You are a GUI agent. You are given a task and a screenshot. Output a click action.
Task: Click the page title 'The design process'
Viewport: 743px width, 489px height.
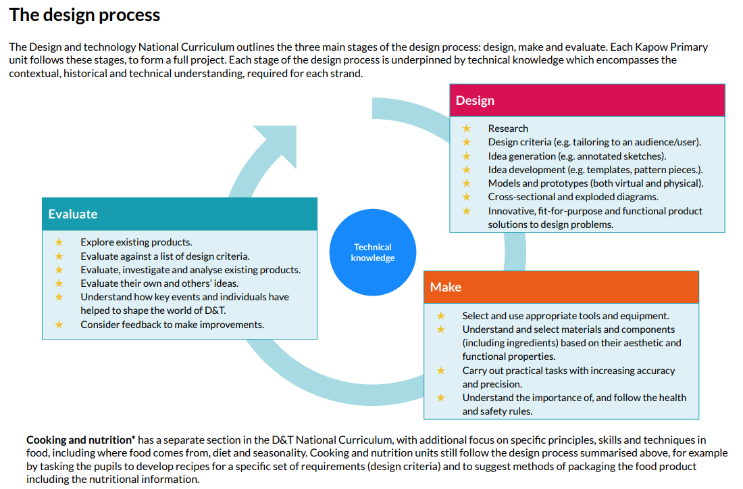point(85,15)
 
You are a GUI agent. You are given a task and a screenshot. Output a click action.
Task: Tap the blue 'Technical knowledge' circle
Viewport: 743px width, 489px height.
point(372,252)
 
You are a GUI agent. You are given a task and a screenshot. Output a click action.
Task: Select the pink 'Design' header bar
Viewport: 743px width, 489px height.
point(587,101)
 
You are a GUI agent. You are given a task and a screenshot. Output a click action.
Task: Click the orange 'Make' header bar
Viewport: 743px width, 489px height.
point(561,287)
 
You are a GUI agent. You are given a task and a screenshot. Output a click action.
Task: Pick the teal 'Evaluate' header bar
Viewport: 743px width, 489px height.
point(180,214)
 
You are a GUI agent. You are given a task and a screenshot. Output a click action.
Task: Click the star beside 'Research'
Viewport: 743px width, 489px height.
point(467,128)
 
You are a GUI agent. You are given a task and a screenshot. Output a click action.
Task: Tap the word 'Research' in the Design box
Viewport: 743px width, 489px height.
point(508,129)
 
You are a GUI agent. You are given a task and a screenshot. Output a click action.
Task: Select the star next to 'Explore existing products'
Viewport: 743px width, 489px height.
point(59,242)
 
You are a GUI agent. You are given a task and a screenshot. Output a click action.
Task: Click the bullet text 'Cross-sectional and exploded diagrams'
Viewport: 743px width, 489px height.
point(573,197)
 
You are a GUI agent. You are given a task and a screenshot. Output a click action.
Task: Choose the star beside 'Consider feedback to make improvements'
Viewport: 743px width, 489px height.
point(59,325)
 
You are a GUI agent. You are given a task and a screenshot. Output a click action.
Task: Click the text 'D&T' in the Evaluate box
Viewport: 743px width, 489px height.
point(215,310)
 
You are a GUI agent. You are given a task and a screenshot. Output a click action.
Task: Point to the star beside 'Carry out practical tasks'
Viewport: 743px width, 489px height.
point(440,371)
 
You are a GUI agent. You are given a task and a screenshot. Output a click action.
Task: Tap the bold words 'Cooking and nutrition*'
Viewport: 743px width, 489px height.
point(81,440)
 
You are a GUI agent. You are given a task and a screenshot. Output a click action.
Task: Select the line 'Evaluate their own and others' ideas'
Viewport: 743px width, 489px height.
point(159,283)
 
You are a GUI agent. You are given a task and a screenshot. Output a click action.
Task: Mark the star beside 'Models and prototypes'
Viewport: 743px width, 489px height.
point(467,183)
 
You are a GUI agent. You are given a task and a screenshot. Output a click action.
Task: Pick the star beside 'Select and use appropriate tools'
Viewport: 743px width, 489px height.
point(440,315)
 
